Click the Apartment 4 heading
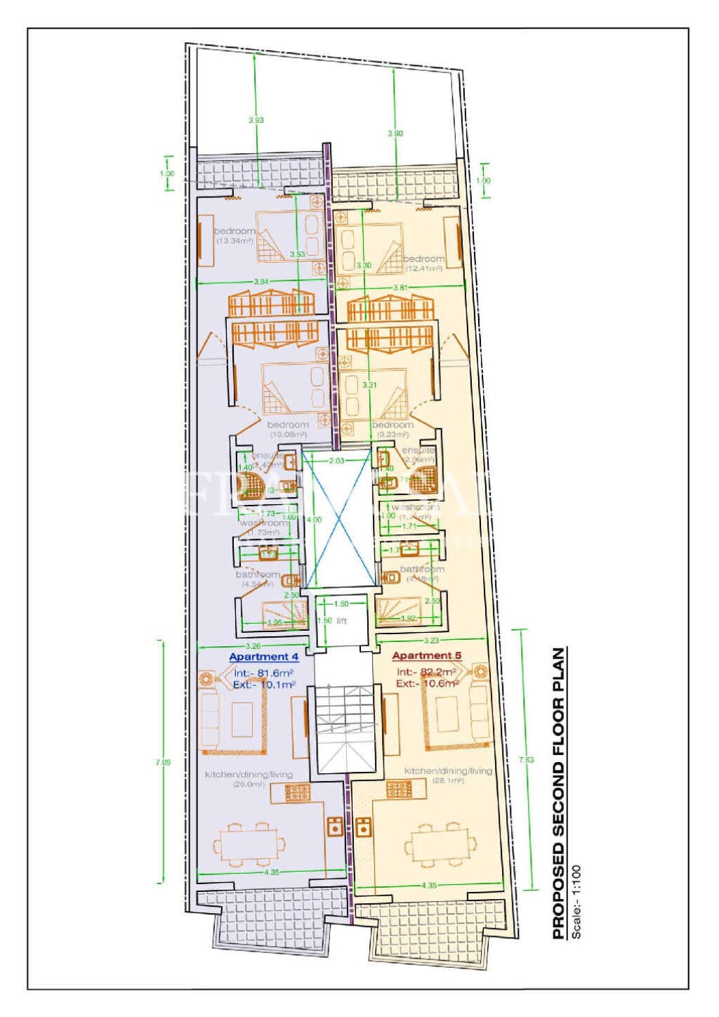(x=264, y=657)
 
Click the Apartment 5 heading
(x=426, y=656)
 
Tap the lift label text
(x=342, y=621)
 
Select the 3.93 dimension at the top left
(x=256, y=120)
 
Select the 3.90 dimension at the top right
(x=395, y=133)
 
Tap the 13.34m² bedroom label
(x=235, y=236)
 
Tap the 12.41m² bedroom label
(x=423, y=263)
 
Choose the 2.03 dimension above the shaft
(x=337, y=461)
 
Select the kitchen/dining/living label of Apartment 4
(x=249, y=775)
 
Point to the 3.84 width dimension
(x=260, y=282)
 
